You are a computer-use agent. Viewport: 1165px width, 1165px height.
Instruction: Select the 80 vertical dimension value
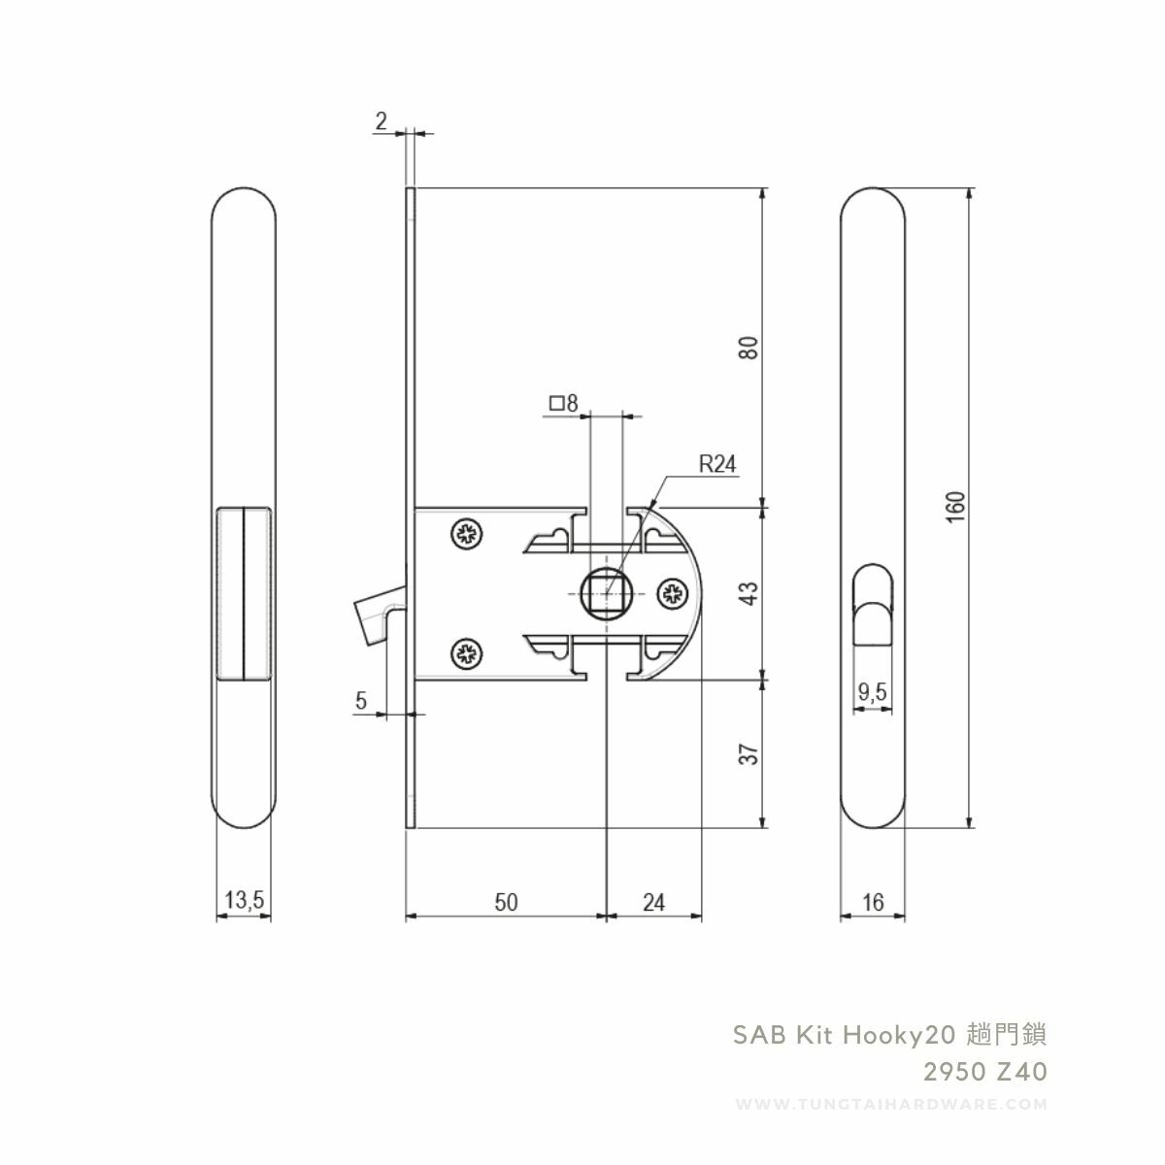coord(749,348)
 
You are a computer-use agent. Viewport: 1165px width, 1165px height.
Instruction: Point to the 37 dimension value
coord(749,753)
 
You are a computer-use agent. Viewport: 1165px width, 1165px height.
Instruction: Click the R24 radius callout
coord(717,465)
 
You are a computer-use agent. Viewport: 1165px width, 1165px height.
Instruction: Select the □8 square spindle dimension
coord(563,402)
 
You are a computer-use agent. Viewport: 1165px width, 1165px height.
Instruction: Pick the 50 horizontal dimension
coord(506,902)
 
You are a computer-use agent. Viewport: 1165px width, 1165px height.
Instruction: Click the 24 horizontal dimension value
coord(653,902)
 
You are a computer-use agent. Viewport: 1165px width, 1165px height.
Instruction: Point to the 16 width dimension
coord(872,903)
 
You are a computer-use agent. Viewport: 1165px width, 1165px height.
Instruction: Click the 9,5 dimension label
coord(873,692)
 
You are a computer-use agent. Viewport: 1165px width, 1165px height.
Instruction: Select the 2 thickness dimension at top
coord(381,121)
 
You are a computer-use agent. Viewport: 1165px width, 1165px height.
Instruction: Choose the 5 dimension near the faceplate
coord(361,701)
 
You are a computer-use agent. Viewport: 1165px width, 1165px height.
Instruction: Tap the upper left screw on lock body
coord(466,533)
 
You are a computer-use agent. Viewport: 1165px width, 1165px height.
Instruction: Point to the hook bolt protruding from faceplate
coord(374,618)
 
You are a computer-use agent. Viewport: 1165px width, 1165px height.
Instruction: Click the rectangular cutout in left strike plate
coord(243,592)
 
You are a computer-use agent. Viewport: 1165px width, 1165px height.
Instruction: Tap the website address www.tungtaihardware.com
coord(892,1105)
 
